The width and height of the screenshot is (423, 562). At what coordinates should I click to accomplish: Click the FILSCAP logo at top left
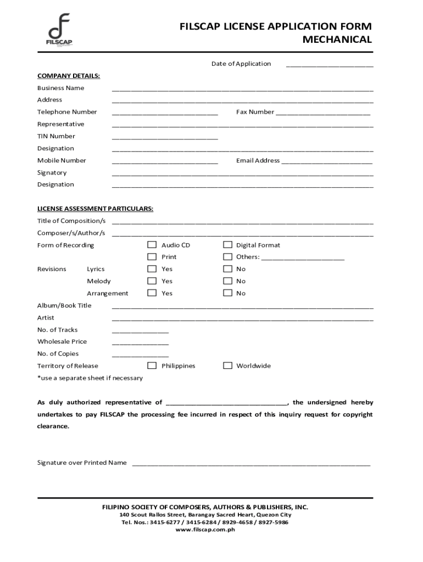click(59, 31)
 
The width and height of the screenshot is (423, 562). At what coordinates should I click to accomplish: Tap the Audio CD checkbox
click(152, 245)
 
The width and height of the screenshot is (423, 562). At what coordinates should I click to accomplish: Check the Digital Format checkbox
click(227, 245)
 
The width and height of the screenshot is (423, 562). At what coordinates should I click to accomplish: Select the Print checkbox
click(152, 257)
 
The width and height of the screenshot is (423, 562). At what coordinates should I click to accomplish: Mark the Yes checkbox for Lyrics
click(152, 269)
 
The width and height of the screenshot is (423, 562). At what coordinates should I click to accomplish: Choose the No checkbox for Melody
click(227, 281)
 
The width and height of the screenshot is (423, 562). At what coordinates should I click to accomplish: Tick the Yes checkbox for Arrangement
click(152, 293)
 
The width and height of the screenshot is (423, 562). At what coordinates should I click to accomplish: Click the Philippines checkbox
click(152, 366)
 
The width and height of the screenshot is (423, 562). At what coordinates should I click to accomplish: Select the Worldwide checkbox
click(227, 366)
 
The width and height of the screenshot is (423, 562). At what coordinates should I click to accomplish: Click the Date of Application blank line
click(329, 65)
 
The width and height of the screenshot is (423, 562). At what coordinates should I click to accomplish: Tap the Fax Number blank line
click(323, 114)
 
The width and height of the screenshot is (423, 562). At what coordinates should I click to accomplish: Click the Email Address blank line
click(327, 162)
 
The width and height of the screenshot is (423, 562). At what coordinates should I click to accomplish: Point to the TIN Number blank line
click(165, 138)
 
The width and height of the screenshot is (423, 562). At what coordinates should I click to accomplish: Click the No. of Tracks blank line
click(140, 331)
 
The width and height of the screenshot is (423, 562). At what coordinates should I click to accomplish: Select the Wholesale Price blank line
click(140, 344)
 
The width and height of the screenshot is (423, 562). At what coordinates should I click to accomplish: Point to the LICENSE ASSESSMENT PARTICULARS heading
click(95, 209)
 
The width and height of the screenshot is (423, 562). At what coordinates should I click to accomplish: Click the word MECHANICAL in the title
click(337, 40)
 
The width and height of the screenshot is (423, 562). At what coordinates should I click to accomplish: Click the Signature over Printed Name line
click(251, 464)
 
